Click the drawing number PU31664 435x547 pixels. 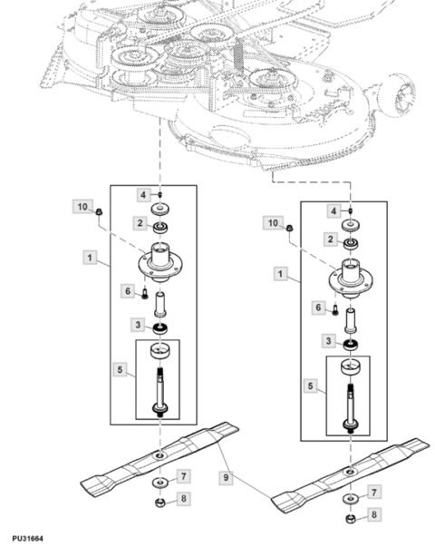(x=27, y=539)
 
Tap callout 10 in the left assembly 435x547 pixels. (x=82, y=207)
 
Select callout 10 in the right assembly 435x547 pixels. (x=273, y=222)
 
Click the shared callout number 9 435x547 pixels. (x=226, y=477)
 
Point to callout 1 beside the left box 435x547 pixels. (x=90, y=258)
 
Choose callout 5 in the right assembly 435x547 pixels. (x=310, y=386)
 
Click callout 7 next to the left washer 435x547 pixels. (x=184, y=476)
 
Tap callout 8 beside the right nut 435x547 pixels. (x=374, y=514)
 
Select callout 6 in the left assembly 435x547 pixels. (x=128, y=291)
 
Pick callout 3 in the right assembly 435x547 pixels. (x=328, y=340)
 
